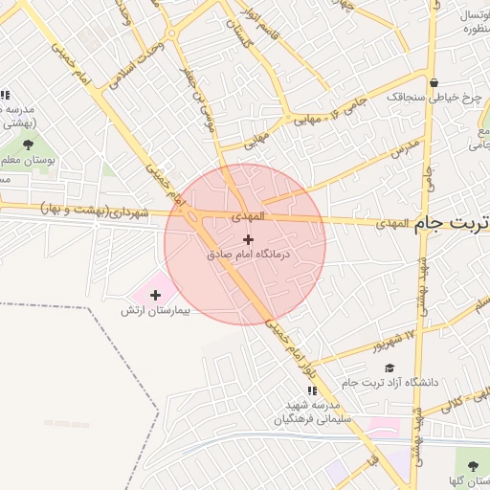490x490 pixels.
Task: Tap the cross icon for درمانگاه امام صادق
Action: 249,238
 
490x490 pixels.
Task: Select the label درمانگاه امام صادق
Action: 247,256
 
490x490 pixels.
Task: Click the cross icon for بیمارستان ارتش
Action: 156,295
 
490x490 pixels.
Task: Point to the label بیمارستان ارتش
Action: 156,311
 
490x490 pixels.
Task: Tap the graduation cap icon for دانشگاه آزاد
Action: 389,367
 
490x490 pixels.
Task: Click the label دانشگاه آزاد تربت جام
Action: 395,382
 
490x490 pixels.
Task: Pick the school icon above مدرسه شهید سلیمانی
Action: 311,390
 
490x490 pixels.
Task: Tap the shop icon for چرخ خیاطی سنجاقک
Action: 434,81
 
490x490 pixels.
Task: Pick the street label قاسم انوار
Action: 259,18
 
